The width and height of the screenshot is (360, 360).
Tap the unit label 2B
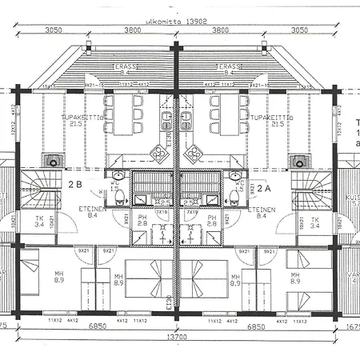coord(76,185)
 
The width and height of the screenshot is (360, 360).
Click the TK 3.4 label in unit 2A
coord(314,223)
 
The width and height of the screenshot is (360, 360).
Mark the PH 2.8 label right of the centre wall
coord(212,221)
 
